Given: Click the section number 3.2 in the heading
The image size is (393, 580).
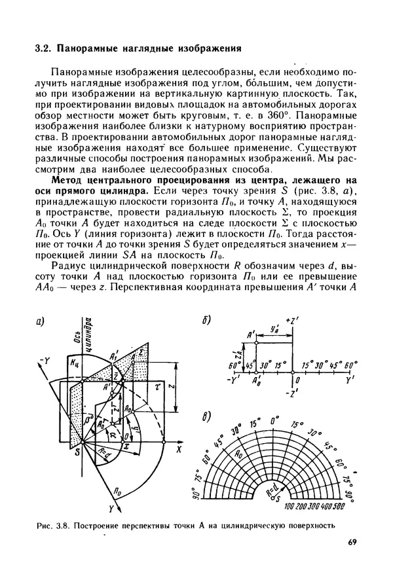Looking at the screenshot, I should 43,48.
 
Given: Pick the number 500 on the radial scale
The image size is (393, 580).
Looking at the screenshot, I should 338,507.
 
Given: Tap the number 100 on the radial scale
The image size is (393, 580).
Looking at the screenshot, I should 291,507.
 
